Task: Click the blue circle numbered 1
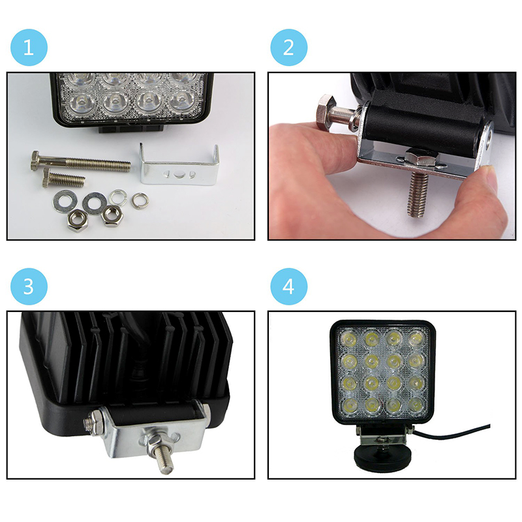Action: [29, 47]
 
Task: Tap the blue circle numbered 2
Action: [288, 47]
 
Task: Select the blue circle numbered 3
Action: [29, 286]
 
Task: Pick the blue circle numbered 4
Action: [288, 286]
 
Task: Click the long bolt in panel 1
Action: [80, 162]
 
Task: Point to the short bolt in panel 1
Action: [63, 178]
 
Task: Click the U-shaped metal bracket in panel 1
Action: [179, 166]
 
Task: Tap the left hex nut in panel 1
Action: [77, 221]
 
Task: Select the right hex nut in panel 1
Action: [112, 215]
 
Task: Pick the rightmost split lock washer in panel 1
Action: [139, 201]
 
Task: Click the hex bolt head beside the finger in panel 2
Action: [325, 112]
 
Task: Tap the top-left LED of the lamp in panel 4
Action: [349, 339]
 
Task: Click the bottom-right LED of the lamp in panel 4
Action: [416, 405]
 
